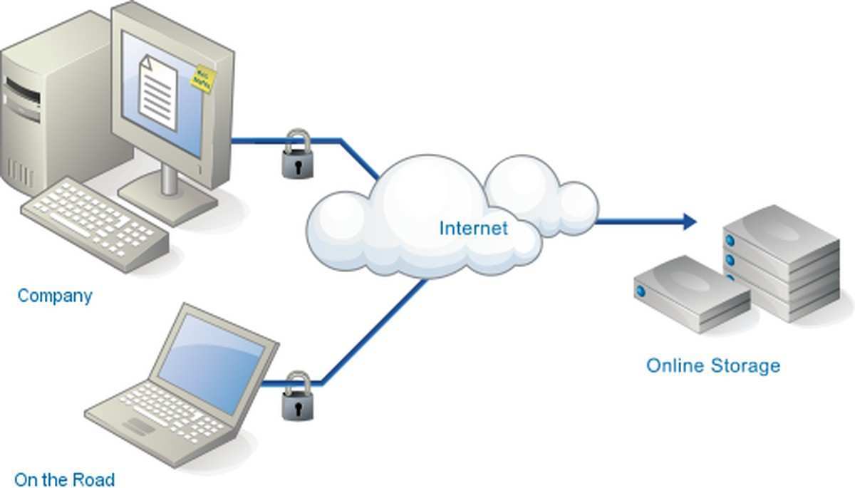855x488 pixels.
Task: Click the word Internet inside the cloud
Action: pyautogui.click(x=473, y=228)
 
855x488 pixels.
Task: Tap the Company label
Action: pyautogui.click(x=55, y=295)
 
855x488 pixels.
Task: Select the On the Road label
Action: pyautogui.click(x=64, y=479)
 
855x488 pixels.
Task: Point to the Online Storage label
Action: pyautogui.click(x=712, y=366)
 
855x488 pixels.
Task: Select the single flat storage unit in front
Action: pyautogui.click(x=691, y=292)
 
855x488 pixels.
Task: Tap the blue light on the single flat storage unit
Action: pyautogui.click(x=641, y=291)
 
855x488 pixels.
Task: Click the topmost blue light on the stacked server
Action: pyautogui.click(x=730, y=241)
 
